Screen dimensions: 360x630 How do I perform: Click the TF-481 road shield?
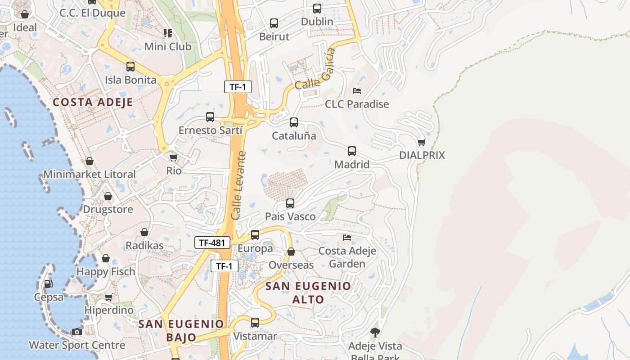click(212, 243)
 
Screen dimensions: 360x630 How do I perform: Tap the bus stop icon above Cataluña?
click(294, 122)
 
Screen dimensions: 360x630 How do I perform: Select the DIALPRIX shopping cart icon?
click(421, 143)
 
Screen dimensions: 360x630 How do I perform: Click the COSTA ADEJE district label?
click(93, 102)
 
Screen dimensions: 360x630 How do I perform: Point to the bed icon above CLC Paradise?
click(357, 91)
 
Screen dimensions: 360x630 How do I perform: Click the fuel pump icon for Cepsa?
click(48, 283)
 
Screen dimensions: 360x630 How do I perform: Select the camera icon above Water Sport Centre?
click(77, 332)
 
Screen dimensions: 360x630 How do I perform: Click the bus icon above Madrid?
click(352, 151)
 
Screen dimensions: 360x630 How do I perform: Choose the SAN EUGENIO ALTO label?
click(308, 292)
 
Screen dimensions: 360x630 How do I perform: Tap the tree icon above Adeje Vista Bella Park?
click(375, 332)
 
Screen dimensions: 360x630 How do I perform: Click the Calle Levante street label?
click(238, 185)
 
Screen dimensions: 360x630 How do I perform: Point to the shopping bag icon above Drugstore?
click(108, 196)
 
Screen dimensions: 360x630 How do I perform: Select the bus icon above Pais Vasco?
click(290, 203)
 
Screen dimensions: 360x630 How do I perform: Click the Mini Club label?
click(167, 46)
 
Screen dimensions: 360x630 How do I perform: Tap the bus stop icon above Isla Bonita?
click(130, 67)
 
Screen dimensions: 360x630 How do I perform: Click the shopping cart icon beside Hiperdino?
click(108, 297)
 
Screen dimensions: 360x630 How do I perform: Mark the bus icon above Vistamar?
click(255, 322)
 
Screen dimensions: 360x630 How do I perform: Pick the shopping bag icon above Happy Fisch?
click(106, 258)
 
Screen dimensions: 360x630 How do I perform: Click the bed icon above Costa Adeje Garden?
click(347, 237)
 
